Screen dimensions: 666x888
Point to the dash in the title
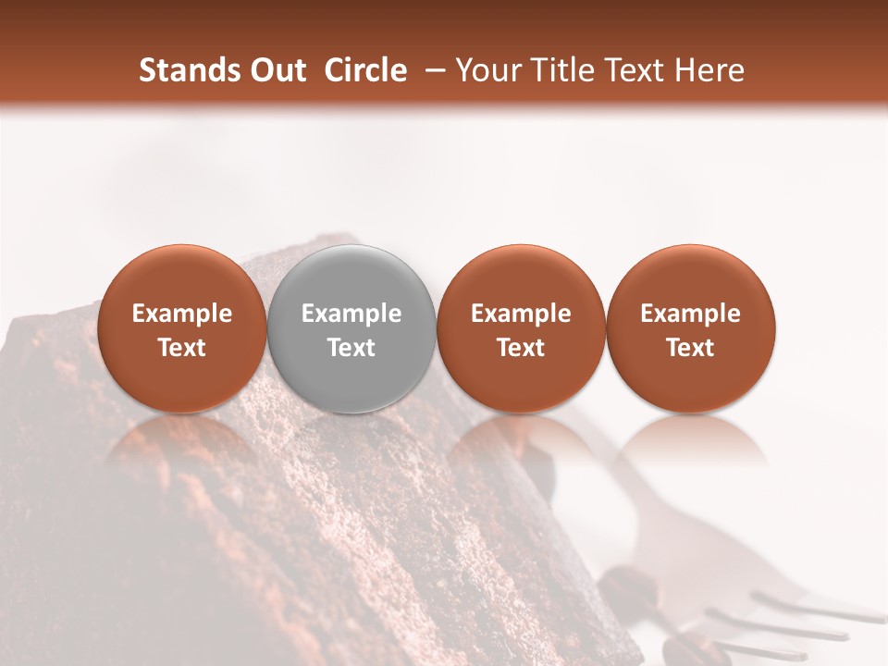(430, 70)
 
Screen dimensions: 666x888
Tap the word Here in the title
(712, 70)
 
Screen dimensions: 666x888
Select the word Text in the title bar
(637, 70)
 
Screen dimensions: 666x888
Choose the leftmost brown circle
(181, 277)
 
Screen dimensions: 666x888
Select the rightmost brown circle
(690, 277)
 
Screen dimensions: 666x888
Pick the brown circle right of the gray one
(521, 277)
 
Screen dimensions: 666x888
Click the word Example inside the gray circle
(351, 314)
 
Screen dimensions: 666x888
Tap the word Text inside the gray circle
(351, 348)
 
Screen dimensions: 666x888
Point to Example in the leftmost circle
(181, 314)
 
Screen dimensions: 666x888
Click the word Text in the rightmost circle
(690, 348)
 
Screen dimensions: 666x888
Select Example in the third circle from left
(521, 314)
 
